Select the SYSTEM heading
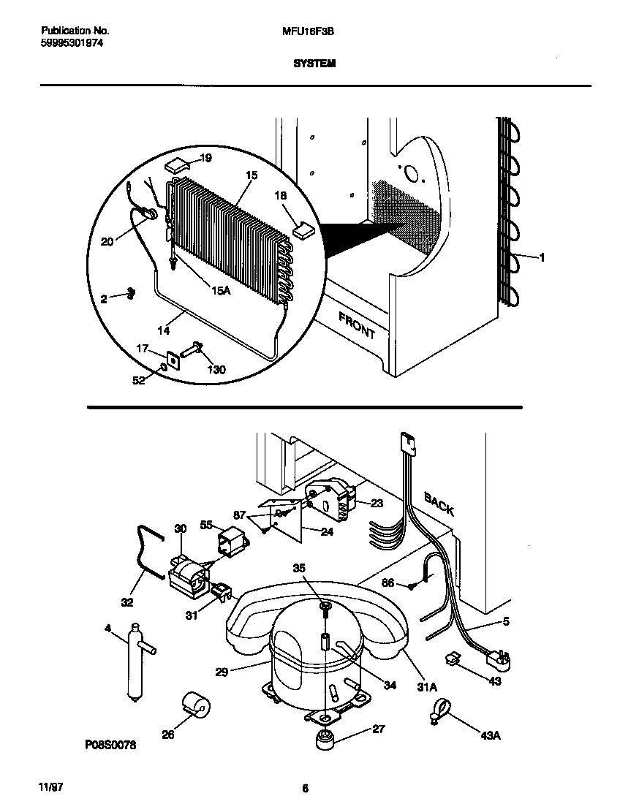pyautogui.click(x=314, y=64)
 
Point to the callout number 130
pyautogui.click(x=216, y=369)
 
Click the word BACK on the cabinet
pyautogui.click(x=439, y=504)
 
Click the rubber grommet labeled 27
pyautogui.click(x=325, y=740)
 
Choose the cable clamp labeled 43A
pyautogui.click(x=440, y=709)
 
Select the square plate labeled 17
pyautogui.click(x=174, y=359)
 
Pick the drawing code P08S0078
pyautogui.click(x=110, y=744)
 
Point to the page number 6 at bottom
pyautogui.click(x=306, y=788)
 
